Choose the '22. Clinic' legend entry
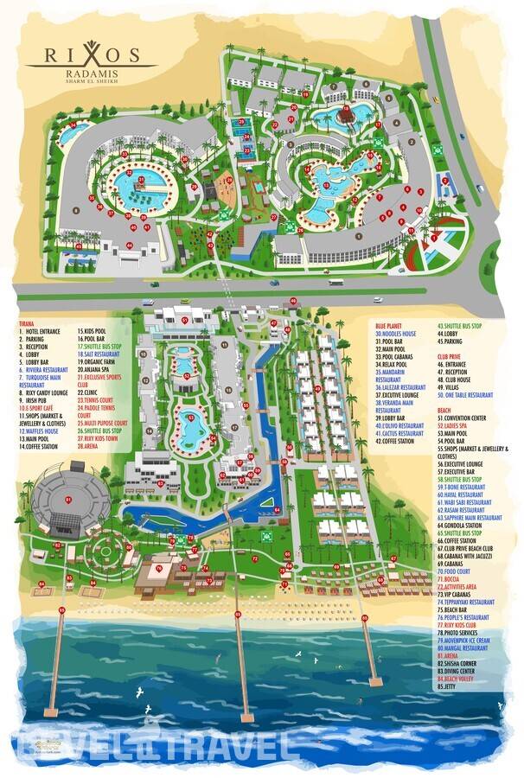tap(93, 392)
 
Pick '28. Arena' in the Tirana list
tap(92, 446)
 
